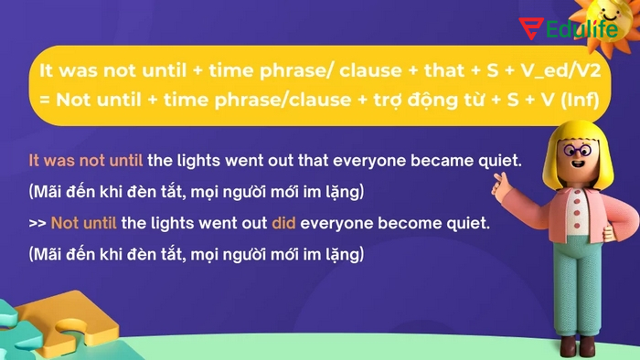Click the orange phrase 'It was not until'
click(x=86, y=161)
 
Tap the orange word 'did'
click(x=283, y=223)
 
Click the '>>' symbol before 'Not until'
click(x=37, y=223)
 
